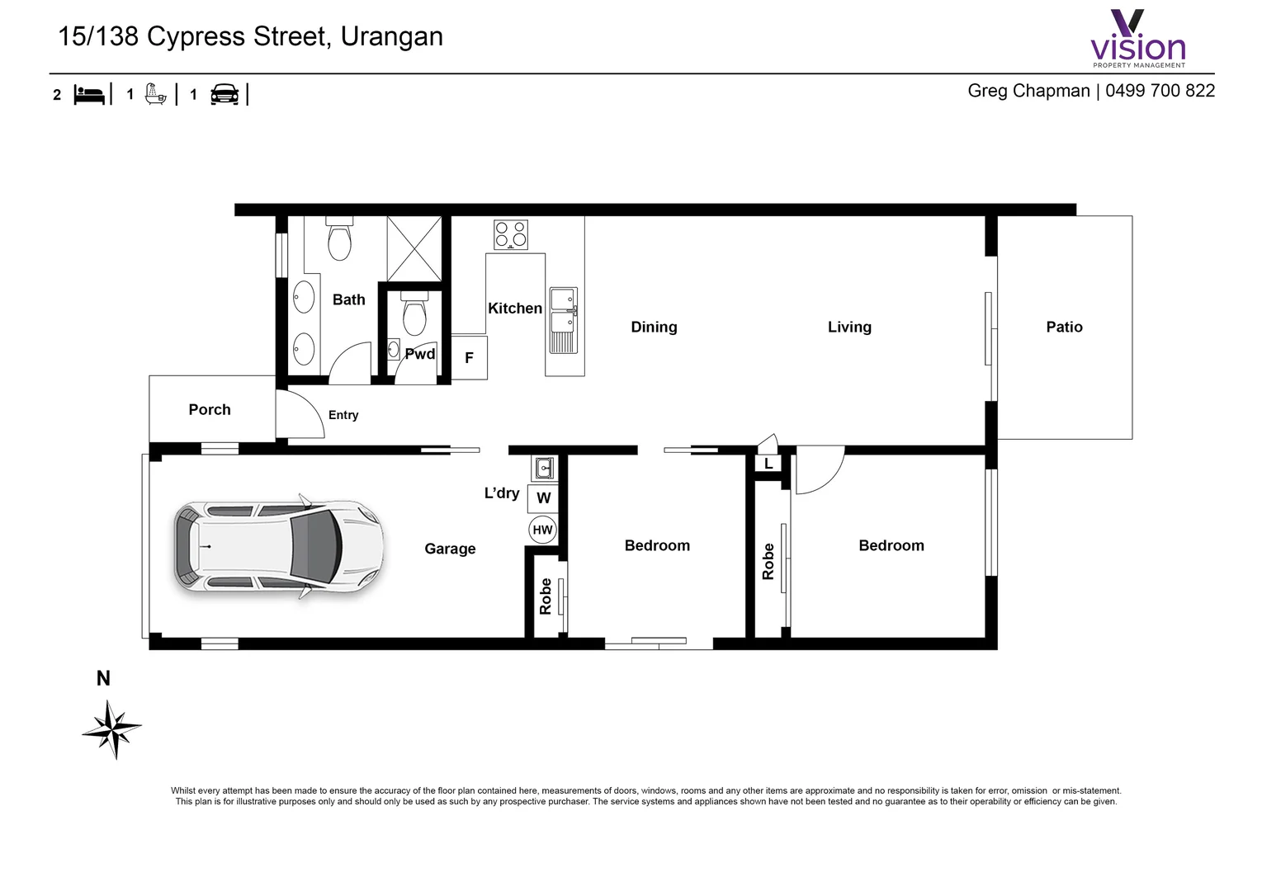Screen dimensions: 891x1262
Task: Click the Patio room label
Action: (x=1064, y=327)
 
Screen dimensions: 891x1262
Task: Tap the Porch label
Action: (x=210, y=409)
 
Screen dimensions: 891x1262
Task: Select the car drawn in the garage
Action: (x=279, y=548)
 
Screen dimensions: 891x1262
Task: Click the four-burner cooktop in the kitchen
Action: (x=511, y=234)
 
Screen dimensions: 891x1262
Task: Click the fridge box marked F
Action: (x=469, y=357)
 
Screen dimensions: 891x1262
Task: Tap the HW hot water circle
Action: (x=542, y=530)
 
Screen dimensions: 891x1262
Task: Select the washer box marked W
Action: (x=543, y=497)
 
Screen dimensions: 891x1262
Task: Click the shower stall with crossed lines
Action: (x=414, y=248)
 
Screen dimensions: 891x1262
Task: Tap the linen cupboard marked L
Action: (x=768, y=464)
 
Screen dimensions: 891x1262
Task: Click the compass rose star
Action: (x=112, y=728)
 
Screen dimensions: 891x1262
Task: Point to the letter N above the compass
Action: (x=103, y=678)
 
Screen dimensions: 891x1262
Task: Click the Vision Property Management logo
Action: (x=1138, y=40)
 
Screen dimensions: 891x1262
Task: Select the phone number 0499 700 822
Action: (x=1160, y=91)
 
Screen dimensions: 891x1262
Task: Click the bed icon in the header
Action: (x=90, y=95)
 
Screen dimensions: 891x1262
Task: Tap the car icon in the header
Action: (x=225, y=95)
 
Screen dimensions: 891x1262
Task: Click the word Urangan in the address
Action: (x=391, y=36)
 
